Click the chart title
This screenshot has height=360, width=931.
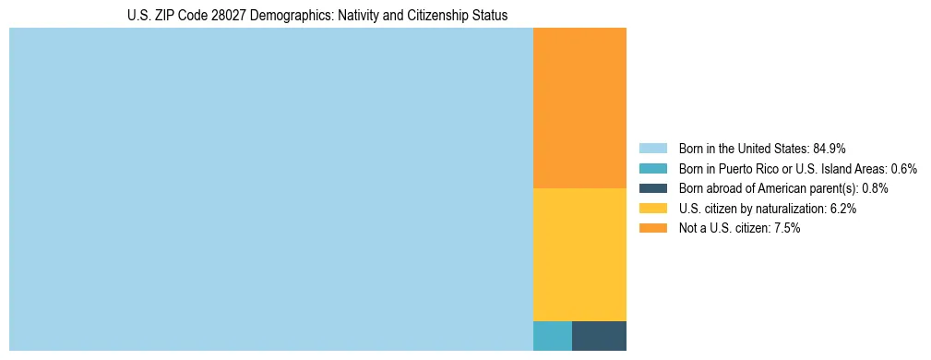pyautogui.click(x=317, y=16)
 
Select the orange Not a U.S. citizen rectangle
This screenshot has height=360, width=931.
pyautogui.click(x=579, y=108)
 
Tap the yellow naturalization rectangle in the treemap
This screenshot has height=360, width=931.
pyautogui.click(x=579, y=254)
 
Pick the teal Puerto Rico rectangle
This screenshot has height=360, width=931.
pyautogui.click(x=552, y=335)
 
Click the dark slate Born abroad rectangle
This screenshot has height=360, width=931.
pyautogui.click(x=599, y=335)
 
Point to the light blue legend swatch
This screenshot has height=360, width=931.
pyautogui.click(x=652, y=149)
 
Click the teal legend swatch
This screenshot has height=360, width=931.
pyautogui.click(x=652, y=169)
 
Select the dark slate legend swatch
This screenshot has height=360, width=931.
pyautogui.click(x=652, y=188)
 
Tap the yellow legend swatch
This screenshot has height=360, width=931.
pyautogui.click(x=652, y=209)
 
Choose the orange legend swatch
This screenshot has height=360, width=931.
pyautogui.click(x=652, y=228)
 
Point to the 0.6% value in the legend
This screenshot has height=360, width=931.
pyautogui.click(x=903, y=169)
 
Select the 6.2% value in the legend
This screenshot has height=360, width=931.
pyautogui.click(x=843, y=209)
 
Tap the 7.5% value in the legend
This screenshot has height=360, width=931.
pyautogui.click(x=787, y=228)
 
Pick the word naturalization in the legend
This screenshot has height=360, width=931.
pyautogui.click(x=786, y=209)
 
